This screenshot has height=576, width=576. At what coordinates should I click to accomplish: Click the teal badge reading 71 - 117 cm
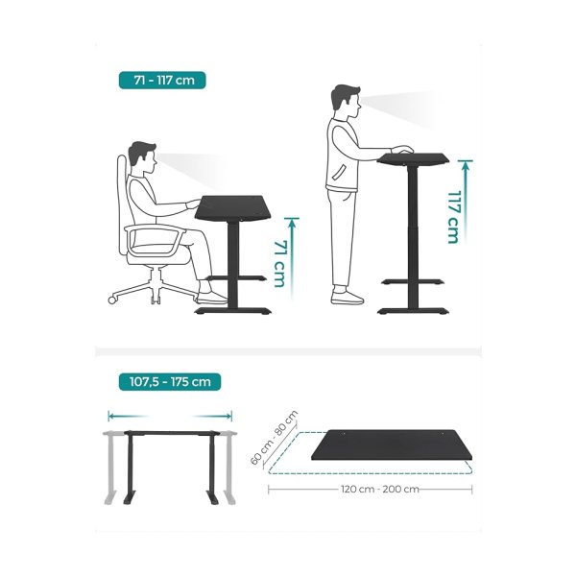coord(162,80)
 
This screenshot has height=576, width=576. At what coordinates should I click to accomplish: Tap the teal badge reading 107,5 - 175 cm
coord(170,382)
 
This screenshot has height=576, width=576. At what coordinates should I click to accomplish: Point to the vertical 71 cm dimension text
coord(280,264)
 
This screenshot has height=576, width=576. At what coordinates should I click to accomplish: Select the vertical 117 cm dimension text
coord(454,217)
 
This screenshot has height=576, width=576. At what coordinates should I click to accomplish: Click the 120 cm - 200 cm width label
coord(380,489)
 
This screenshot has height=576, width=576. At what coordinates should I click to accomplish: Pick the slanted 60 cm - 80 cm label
coord(274,438)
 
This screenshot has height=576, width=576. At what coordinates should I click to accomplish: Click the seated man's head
coord(142,157)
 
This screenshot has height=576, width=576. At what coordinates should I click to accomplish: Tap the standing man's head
coord(346,101)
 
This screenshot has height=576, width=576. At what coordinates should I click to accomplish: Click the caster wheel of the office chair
coord(112,300)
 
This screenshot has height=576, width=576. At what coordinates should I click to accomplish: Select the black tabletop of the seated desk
coord(233,208)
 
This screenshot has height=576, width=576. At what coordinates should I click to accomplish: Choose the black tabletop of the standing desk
coord(414,158)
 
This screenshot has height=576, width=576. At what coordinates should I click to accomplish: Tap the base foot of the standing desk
coord(414,311)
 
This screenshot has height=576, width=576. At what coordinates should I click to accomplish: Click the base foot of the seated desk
coord(233,311)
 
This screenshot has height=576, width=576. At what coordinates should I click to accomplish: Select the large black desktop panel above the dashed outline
coord(392,444)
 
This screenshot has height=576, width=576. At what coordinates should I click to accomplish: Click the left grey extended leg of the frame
coord(110,468)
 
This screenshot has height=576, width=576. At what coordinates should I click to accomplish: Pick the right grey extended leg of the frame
coord(229,468)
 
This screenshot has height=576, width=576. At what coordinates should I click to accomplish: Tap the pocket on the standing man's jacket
coord(339,172)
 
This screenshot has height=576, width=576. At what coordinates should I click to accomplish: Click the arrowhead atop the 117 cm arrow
coord(465,164)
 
